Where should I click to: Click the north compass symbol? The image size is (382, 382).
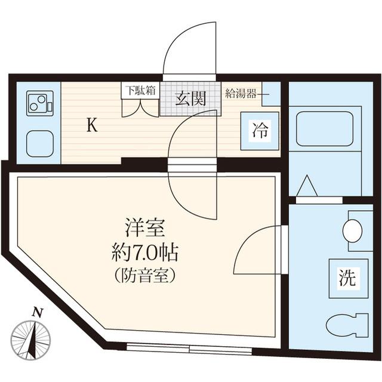click(31, 339)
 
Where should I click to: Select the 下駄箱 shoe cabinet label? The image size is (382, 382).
click(140, 91)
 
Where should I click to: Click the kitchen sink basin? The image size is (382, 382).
click(39, 143)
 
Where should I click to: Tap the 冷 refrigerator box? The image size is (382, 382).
click(260, 130)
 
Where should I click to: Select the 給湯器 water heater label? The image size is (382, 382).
click(242, 93)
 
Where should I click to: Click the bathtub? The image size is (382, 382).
click(325, 128)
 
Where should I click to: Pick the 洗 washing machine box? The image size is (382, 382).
click(348, 278)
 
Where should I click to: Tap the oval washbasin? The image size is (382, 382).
click(353, 230)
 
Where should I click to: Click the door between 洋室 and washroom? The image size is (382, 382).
click(258, 251)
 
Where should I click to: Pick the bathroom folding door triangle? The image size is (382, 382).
click(307, 186)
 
